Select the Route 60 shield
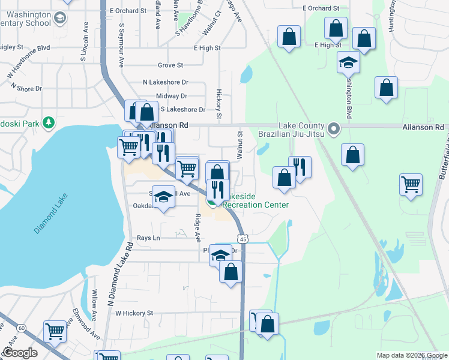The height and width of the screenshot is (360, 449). [x=22, y=328]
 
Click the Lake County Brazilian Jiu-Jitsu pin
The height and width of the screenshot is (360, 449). [x=334, y=128]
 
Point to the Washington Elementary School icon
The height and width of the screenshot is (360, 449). [x=60, y=18]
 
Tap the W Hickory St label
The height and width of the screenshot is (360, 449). [x=134, y=313]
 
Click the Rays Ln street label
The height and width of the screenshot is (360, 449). [x=148, y=238]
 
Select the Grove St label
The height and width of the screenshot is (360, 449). [x=170, y=65]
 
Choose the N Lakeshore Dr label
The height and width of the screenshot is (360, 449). [x=165, y=82]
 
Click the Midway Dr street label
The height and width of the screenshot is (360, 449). [x=172, y=96]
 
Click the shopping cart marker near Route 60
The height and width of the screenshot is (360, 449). [x=55, y=331]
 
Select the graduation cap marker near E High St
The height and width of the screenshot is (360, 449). [x=348, y=62]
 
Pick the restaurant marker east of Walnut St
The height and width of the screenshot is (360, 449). [x=300, y=166]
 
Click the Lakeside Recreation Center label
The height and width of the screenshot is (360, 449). [x=256, y=200]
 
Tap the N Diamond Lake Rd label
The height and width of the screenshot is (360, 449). [x=119, y=276]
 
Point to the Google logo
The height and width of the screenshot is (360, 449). [x=20, y=353]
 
